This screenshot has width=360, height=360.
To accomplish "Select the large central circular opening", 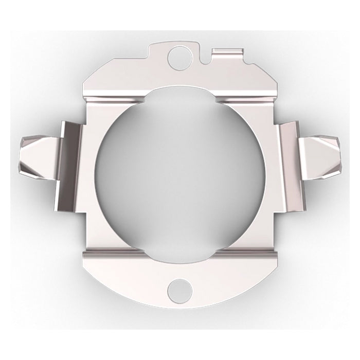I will coord(181,172).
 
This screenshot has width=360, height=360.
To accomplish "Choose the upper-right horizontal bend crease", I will coord(247,95).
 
